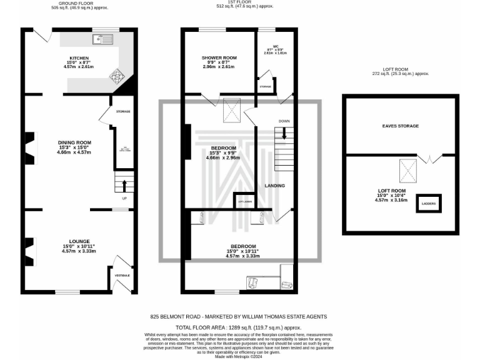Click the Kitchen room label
click(79, 58)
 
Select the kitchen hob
click(117, 77)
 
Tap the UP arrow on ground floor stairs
click(124, 185)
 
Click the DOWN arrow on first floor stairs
click(284, 132)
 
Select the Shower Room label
click(219, 57)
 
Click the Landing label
click(275, 186)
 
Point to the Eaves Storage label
click(400, 126)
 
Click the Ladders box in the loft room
click(429, 204)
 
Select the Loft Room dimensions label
click(391, 197)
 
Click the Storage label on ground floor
click(122, 111)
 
